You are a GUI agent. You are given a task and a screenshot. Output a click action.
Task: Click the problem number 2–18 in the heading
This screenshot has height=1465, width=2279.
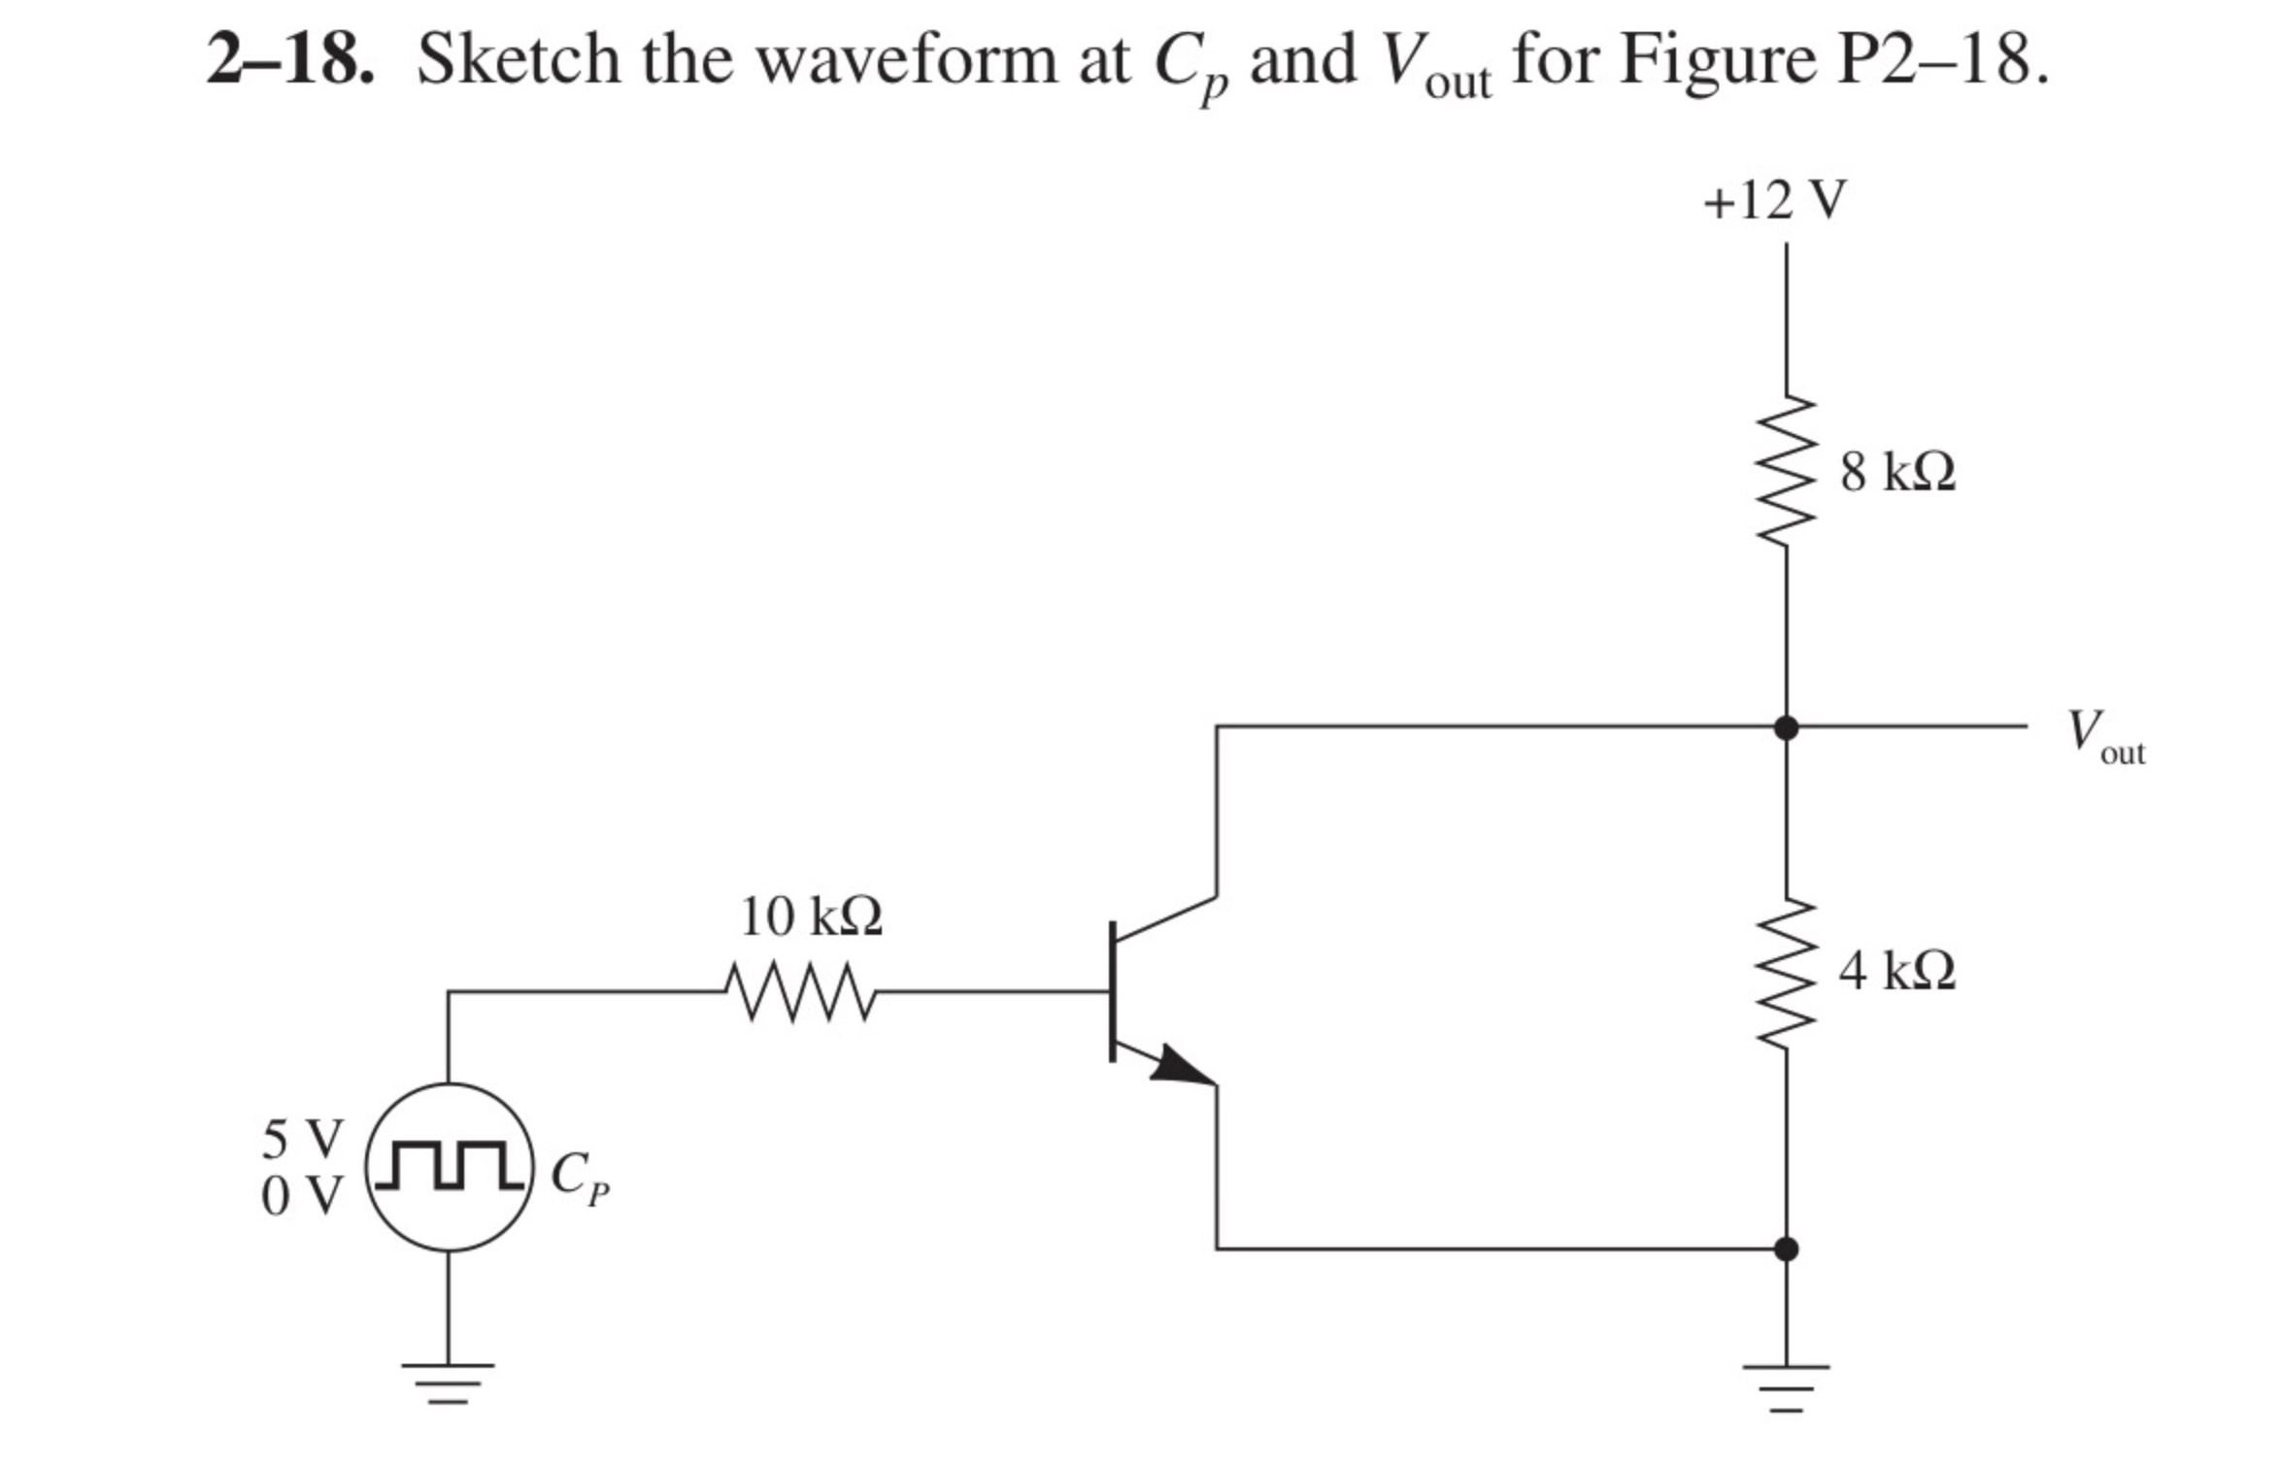pos(289,60)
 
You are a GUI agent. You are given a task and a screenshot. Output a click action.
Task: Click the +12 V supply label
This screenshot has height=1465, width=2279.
pos(1774,201)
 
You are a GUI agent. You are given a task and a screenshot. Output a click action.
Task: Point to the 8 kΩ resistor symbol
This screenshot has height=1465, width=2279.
pos(1785,471)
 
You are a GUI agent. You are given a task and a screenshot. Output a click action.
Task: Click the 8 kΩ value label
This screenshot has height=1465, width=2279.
pos(1897,473)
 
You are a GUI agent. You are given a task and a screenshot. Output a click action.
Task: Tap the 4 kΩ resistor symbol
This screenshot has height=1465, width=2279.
pos(1785,972)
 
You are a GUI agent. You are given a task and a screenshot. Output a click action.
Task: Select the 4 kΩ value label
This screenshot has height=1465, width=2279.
pos(1896,970)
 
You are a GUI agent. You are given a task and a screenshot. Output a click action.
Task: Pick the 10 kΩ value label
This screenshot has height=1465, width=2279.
pos(811,916)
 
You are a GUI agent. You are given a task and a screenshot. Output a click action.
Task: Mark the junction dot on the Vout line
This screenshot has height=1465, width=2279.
pos(1786,726)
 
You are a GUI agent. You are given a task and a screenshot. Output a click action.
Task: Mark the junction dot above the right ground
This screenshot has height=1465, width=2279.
pos(1786,1249)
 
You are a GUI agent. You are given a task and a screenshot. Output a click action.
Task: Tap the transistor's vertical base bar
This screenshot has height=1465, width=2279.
pos(1113,991)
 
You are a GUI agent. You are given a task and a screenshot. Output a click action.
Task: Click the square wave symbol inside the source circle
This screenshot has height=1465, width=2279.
pos(449,1166)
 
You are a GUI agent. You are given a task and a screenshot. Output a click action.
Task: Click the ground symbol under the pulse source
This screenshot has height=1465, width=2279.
pos(449,1382)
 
